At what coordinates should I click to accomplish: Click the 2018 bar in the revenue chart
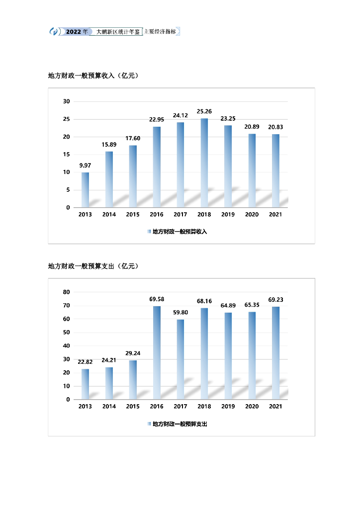(204, 163)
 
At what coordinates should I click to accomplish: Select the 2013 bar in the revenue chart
(85, 189)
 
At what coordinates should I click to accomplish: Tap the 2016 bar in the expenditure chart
(157, 352)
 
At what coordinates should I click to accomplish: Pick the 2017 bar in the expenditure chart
(180, 359)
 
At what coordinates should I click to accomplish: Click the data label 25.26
(204, 111)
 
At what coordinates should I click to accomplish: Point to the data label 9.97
(85, 166)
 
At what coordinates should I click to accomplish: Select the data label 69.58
(157, 299)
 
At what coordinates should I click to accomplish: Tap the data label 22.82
(85, 362)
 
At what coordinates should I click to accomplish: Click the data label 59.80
(180, 312)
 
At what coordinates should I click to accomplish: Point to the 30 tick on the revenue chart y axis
(66, 101)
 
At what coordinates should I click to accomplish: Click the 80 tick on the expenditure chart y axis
(66, 292)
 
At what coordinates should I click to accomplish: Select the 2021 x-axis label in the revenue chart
(275, 215)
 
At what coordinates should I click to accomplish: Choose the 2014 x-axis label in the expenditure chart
(109, 407)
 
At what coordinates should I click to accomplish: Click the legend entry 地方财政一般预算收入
(179, 232)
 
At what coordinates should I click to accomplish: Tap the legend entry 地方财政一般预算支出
(179, 424)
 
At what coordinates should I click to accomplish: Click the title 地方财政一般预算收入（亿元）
(93, 76)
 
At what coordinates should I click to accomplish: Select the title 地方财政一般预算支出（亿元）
(93, 266)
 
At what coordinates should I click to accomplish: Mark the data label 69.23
(275, 300)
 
